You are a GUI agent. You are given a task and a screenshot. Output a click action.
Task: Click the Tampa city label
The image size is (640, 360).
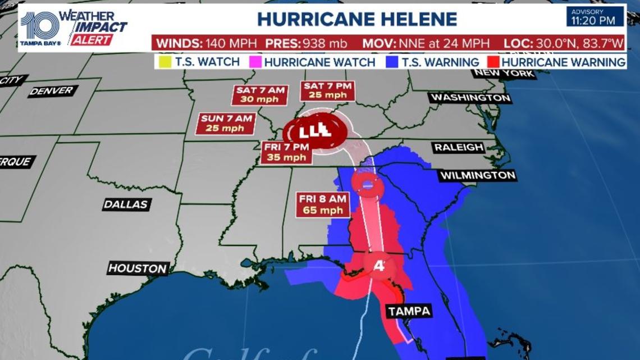pyautogui.click(x=409, y=311)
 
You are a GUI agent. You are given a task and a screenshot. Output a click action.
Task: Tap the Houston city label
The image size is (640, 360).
pyautogui.click(x=138, y=268)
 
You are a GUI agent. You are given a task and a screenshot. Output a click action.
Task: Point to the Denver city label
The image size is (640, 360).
pyautogui.click(x=53, y=91)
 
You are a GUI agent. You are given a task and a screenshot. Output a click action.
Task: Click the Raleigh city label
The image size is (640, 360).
pyautogui.click(x=459, y=147)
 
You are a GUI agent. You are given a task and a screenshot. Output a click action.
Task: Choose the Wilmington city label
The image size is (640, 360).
pyautogui.click(x=477, y=176)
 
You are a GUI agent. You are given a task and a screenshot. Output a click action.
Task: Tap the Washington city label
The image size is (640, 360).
pyautogui.click(x=470, y=98)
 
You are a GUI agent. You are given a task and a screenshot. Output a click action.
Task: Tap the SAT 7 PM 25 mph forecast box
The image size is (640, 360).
pyautogui.click(x=328, y=90)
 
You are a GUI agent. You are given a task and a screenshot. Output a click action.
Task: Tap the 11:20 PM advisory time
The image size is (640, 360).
pyautogui.click(x=596, y=21)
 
